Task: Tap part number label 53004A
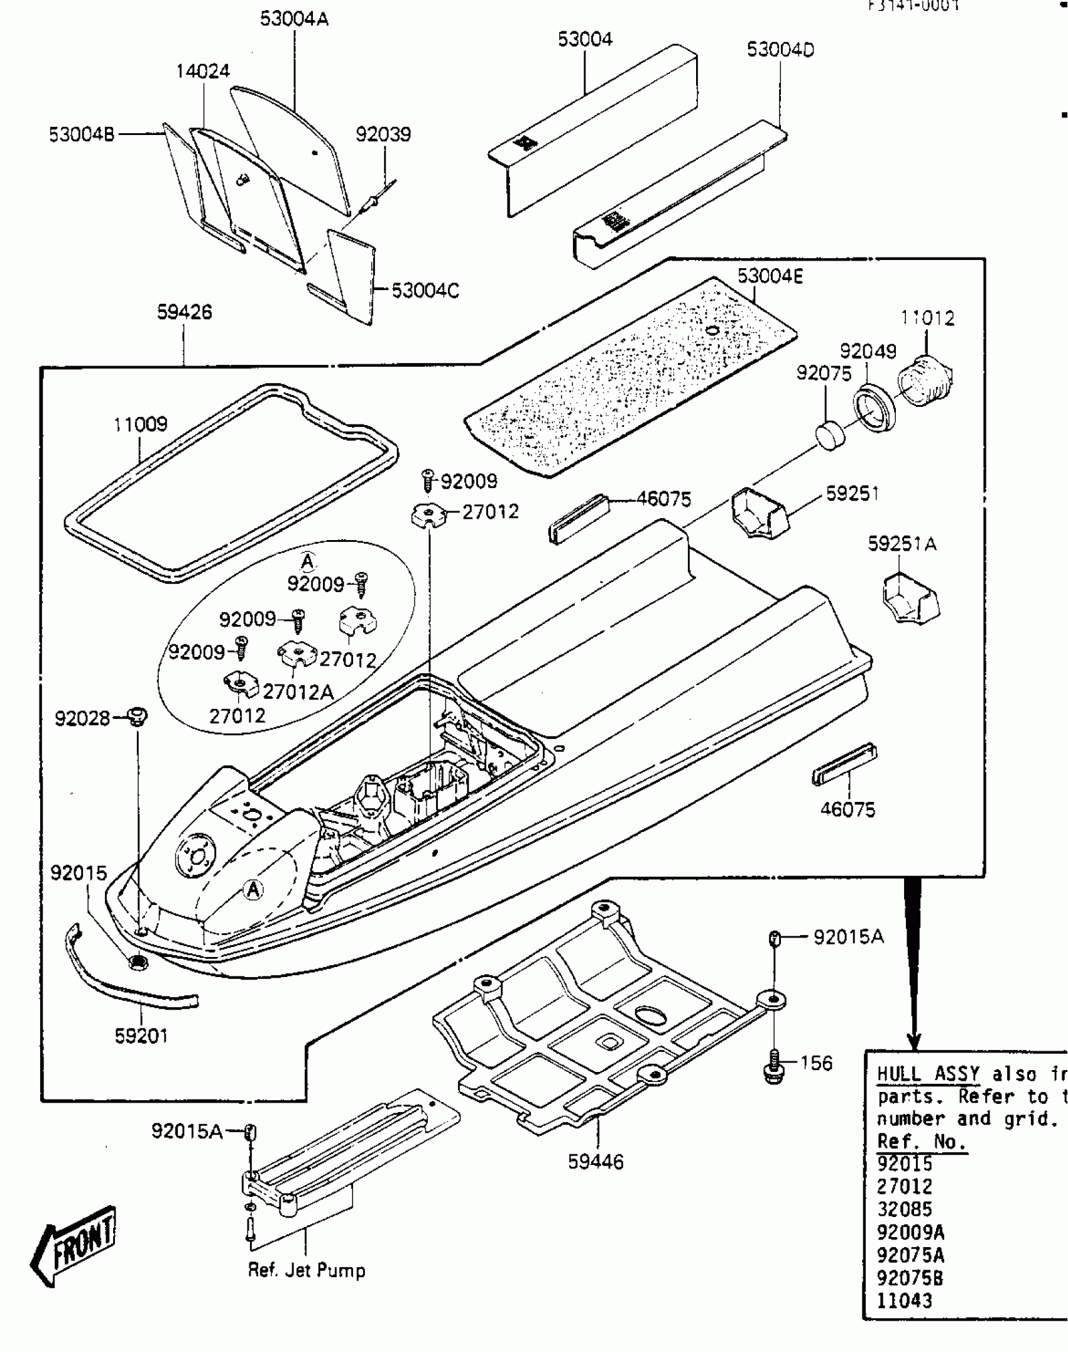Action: (x=294, y=19)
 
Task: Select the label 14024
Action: (x=202, y=71)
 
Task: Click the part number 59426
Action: (x=184, y=312)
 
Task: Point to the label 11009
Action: (x=140, y=425)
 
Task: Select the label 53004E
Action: (x=770, y=276)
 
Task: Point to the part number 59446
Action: (x=596, y=1162)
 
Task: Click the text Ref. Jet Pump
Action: (x=306, y=1270)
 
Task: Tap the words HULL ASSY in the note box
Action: (x=928, y=1074)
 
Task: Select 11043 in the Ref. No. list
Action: (x=904, y=1301)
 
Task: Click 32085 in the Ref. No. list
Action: (x=904, y=1209)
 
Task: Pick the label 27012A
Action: (x=298, y=692)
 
